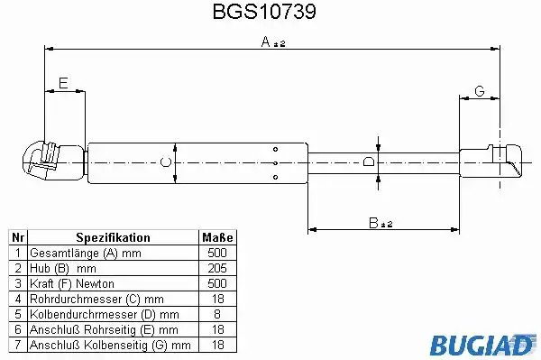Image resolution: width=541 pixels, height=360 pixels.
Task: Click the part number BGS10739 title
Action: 264,12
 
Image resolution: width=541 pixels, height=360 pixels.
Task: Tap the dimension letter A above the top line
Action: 266,42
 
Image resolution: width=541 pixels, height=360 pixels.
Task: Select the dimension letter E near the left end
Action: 63,83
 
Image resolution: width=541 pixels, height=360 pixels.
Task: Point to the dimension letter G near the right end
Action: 480,91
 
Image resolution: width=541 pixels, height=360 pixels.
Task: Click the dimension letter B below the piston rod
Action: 373,223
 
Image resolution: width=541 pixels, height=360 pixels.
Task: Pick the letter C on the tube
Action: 166,162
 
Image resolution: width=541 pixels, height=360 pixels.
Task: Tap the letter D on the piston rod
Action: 369,162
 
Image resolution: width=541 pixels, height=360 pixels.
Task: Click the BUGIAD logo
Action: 482,345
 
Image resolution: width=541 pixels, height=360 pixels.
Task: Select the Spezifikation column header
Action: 113,237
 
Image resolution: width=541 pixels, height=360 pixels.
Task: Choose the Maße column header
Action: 217,237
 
